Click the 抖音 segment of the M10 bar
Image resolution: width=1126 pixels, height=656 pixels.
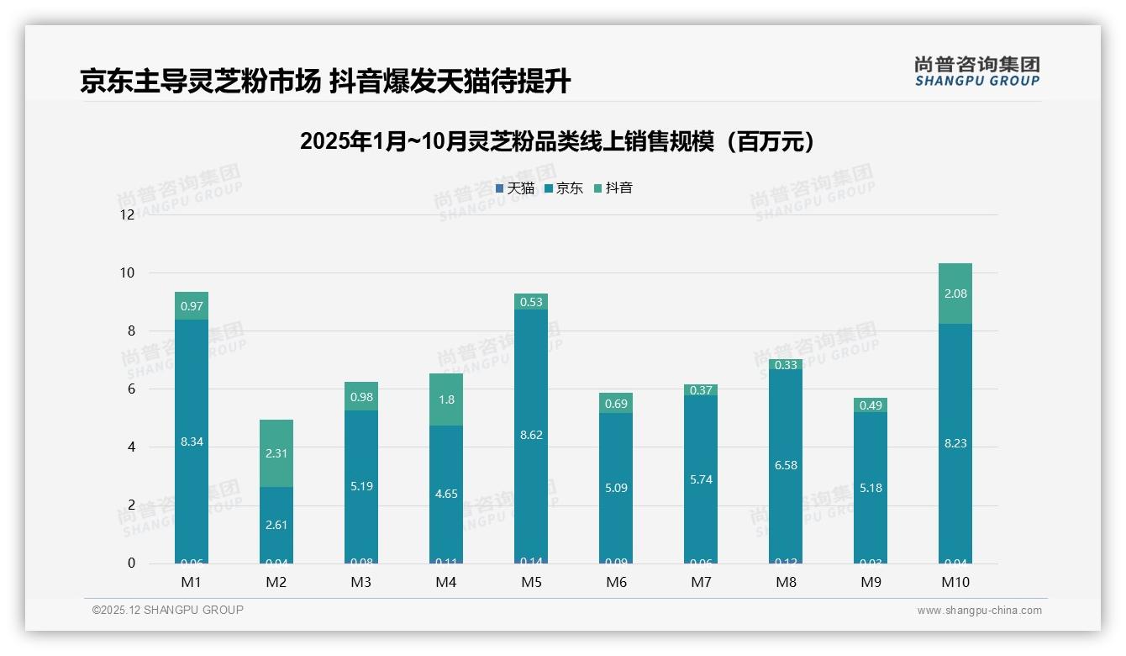[955, 294]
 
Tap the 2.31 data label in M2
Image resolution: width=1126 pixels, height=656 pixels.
[276, 453]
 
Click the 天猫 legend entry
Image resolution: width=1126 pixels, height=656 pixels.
[515, 188]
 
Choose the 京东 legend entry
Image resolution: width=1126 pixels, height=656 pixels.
[564, 188]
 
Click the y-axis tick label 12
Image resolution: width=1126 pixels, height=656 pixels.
[127, 214]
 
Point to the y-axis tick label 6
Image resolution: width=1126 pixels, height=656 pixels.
[130, 389]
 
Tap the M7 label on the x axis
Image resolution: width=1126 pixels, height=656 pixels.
[701, 582]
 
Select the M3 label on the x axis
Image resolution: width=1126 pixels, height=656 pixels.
[361, 582]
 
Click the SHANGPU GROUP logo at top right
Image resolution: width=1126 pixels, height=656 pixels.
[976, 71]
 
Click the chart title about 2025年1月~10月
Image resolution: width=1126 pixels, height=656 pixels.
[557, 141]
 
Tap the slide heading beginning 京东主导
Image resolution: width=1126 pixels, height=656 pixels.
[325, 82]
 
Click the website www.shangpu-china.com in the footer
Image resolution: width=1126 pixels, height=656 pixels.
[979, 611]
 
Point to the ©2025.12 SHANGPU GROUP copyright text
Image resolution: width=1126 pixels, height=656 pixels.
[168, 610]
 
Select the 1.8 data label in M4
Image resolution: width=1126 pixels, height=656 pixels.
[446, 399]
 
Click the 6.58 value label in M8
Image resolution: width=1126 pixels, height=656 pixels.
[786, 465]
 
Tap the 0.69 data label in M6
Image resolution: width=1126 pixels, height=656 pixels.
[616, 405]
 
